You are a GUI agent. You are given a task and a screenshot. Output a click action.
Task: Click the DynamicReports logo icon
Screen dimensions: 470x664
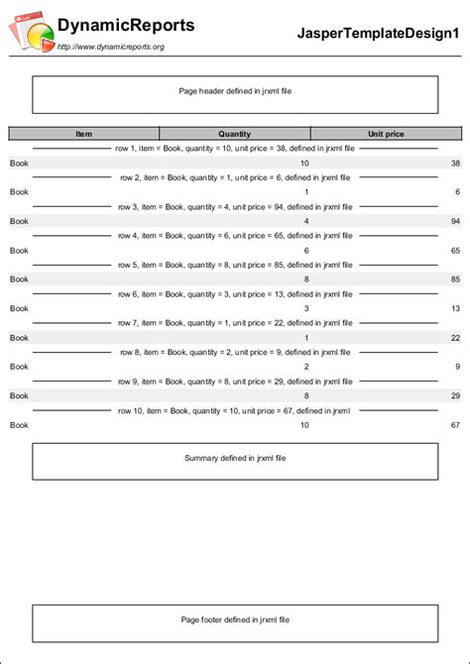(x=31, y=34)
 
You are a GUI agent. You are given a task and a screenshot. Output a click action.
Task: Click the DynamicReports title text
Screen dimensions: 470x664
(x=126, y=26)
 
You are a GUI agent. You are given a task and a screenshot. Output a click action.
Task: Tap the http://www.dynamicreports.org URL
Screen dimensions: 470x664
(x=111, y=47)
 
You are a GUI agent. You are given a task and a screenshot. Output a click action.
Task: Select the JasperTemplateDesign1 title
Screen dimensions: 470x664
(x=379, y=34)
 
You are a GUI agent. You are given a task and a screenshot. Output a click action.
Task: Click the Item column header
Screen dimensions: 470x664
(x=83, y=134)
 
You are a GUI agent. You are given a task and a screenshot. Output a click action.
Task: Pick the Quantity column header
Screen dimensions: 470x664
(x=235, y=134)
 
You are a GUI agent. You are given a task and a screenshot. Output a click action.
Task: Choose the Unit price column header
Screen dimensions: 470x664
(x=386, y=134)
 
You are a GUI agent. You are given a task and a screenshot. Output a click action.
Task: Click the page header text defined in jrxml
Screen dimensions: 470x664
(x=235, y=91)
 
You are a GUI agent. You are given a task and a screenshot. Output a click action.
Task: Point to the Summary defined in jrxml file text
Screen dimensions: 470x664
(x=235, y=458)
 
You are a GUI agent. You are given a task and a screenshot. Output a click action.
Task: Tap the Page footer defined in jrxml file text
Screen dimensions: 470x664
(x=235, y=619)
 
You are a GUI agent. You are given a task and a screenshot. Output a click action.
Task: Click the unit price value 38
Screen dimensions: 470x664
(x=455, y=163)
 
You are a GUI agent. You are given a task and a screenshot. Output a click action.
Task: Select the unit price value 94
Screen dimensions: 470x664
(x=455, y=221)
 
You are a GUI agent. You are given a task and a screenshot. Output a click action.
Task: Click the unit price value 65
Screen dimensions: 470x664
(x=455, y=251)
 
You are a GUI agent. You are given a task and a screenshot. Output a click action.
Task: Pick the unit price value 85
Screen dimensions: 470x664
(x=455, y=279)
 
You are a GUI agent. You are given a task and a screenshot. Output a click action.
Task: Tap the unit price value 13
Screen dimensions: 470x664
(x=455, y=308)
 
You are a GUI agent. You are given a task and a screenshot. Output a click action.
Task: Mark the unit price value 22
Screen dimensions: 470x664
(x=455, y=338)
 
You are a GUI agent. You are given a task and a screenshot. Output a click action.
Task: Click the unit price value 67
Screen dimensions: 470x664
(x=455, y=425)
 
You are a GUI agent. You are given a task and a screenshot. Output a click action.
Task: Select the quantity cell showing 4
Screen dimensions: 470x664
(x=306, y=221)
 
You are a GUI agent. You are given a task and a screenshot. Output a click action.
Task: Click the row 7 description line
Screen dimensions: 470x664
(x=235, y=323)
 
